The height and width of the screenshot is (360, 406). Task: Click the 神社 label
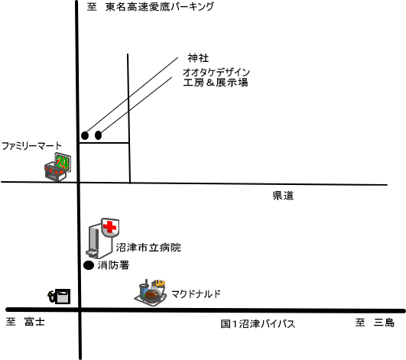[198, 58]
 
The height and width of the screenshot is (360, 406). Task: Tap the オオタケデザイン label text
[216, 72]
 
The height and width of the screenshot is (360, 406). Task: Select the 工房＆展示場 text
[216, 83]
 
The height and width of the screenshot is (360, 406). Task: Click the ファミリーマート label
[31, 146]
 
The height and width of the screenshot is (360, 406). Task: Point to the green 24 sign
[63, 163]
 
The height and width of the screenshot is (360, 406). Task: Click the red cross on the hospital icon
[110, 227]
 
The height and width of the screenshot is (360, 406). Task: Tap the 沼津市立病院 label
[148, 248]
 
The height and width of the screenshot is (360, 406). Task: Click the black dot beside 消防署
[89, 265]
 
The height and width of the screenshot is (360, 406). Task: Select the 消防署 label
[113, 265]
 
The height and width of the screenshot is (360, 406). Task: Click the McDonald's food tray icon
[151, 293]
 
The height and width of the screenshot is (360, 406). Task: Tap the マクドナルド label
[196, 294]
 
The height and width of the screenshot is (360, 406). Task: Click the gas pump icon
[59, 297]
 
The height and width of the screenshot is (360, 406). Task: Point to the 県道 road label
[283, 196]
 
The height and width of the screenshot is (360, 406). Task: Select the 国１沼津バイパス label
[258, 324]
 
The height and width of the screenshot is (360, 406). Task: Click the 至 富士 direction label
[25, 322]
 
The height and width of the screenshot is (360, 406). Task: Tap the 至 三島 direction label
[375, 323]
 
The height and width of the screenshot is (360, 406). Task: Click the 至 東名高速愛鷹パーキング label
[151, 7]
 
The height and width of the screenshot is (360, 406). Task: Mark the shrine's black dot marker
[85, 135]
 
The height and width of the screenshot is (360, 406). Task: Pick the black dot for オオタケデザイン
[98, 135]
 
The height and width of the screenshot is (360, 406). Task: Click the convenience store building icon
[55, 171]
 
